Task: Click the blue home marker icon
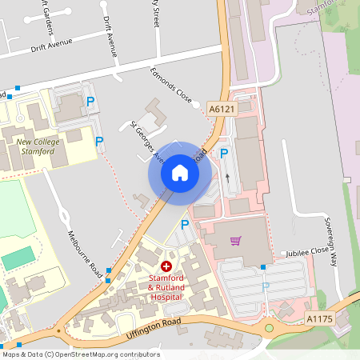180,172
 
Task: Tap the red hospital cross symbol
166,266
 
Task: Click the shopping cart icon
235,240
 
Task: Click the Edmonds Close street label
172,86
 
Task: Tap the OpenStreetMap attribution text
81,354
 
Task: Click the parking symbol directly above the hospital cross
186,225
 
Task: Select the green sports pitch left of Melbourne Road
19,258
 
